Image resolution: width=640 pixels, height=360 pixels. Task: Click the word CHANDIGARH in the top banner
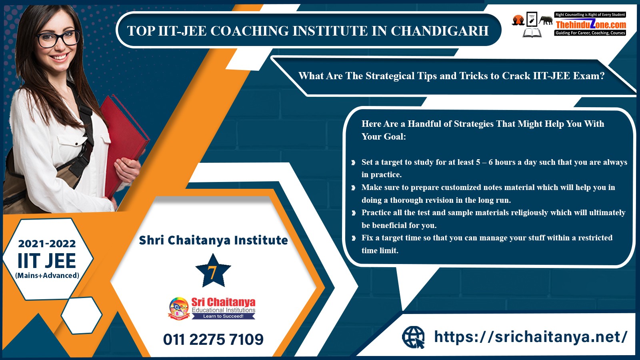click(x=440, y=31)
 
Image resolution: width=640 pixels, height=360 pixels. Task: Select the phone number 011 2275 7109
click(x=213, y=340)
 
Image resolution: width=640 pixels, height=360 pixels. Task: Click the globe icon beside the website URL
click(x=414, y=338)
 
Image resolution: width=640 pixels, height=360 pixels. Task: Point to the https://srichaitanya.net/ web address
click(x=530, y=336)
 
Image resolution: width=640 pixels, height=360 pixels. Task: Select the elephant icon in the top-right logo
click(x=546, y=20)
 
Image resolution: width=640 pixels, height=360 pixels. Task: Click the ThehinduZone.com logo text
click(x=591, y=25)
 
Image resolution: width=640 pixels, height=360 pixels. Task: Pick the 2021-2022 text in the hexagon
click(x=47, y=244)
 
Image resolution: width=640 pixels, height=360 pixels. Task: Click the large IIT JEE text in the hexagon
click(x=47, y=260)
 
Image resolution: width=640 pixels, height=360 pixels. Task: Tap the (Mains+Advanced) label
click(x=47, y=276)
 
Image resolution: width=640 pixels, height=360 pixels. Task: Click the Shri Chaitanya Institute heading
click(x=213, y=240)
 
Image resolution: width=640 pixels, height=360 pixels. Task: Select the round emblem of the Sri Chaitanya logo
click(x=179, y=308)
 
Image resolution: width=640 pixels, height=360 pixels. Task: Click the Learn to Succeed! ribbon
click(x=223, y=316)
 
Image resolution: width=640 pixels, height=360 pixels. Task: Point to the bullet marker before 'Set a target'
click(x=354, y=162)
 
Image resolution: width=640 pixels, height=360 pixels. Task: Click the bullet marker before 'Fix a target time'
click(x=354, y=238)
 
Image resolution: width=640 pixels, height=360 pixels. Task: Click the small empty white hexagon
click(x=82, y=315)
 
